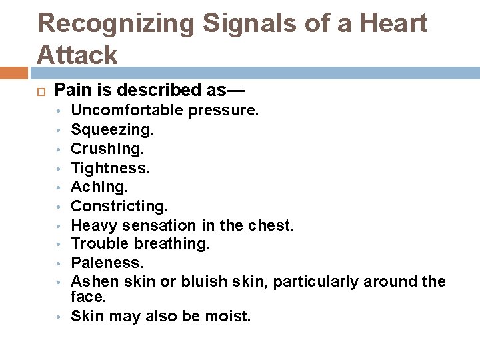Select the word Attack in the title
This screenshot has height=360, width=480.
tap(77, 54)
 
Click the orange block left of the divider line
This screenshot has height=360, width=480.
tap(14, 71)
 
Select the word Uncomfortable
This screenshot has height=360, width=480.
tap(127, 110)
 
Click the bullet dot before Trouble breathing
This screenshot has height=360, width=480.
tap(59, 244)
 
